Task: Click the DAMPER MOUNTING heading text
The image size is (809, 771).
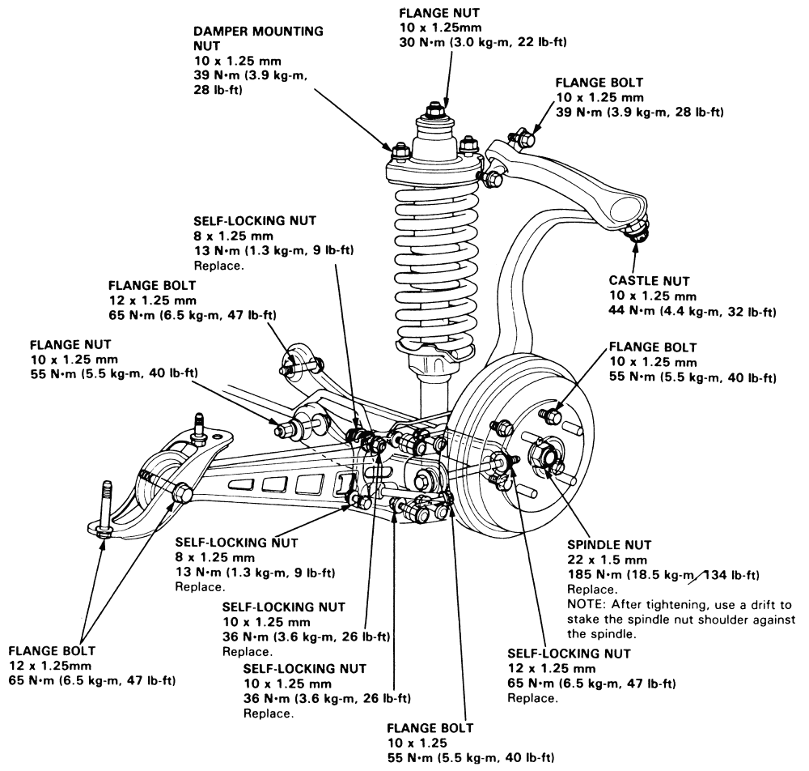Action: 259,32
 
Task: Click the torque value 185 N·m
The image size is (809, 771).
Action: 596,575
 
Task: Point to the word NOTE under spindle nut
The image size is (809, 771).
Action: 585,605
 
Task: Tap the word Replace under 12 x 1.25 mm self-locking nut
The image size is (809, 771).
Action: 532,698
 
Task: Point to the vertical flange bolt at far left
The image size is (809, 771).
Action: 105,510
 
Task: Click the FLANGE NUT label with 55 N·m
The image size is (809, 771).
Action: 64,344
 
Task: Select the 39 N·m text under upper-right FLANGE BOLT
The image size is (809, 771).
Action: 578,112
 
